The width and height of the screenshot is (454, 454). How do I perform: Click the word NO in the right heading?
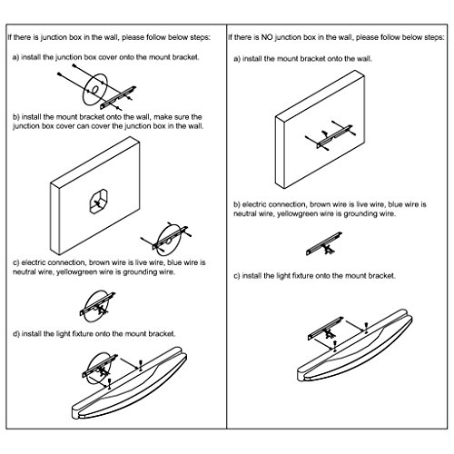tap(267, 37)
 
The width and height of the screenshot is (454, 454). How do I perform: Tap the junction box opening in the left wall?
tap(99, 202)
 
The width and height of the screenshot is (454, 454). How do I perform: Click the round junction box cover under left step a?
tap(94, 89)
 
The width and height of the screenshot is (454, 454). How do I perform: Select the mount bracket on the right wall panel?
tap(334, 136)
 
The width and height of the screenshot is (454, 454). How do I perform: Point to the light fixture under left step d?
tap(130, 383)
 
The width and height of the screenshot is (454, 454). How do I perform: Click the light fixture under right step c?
tap(355, 345)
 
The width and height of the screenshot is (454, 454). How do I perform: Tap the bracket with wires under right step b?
tap(324, 243)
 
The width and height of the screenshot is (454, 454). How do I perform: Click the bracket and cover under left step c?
tap(97, 306)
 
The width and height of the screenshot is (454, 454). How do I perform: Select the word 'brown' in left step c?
tap(99, 262)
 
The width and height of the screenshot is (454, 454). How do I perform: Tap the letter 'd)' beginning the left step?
tap(16, 334)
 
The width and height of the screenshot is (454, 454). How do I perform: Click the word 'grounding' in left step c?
tap(139, 271)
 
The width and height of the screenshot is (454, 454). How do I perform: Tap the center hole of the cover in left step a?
tap(94, 89)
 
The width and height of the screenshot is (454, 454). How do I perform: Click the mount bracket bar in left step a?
tap(118, 97)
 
